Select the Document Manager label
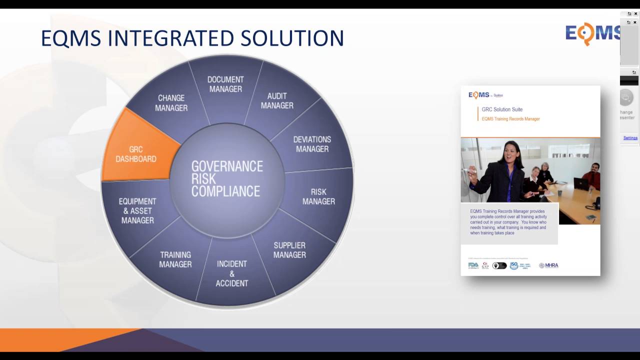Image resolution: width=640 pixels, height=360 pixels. click(225, 84)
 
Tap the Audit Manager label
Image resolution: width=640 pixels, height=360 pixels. click(277, 100)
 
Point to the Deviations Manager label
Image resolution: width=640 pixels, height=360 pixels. click(312, 144)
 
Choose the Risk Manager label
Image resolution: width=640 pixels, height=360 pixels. click(318, 196)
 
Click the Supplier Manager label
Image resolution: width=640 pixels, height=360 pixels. click(289, 250)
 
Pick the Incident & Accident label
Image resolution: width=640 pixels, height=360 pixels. click(231, 273)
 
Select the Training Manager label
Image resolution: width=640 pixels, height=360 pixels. click(175, 259)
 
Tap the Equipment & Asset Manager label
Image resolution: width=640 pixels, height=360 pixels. click(137, 210)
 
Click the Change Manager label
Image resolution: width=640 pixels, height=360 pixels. click(171, 103)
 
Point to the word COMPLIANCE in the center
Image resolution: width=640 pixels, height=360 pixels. click(225, 191)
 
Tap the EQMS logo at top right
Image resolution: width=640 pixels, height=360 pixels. click(593, 33)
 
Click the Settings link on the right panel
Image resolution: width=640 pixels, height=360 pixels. click(630, 138)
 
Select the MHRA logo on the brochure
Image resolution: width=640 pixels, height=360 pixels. click(548, 265)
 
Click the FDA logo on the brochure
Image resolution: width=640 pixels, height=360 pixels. click(473, 265)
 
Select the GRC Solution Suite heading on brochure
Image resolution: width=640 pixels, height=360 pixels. click(502, 109)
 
